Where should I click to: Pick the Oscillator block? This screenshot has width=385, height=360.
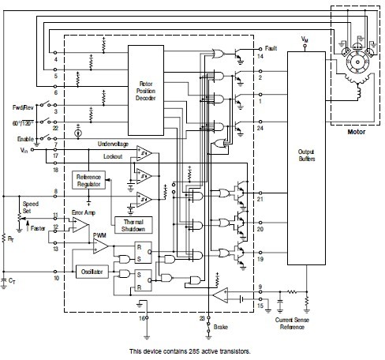tap(87, 274)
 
